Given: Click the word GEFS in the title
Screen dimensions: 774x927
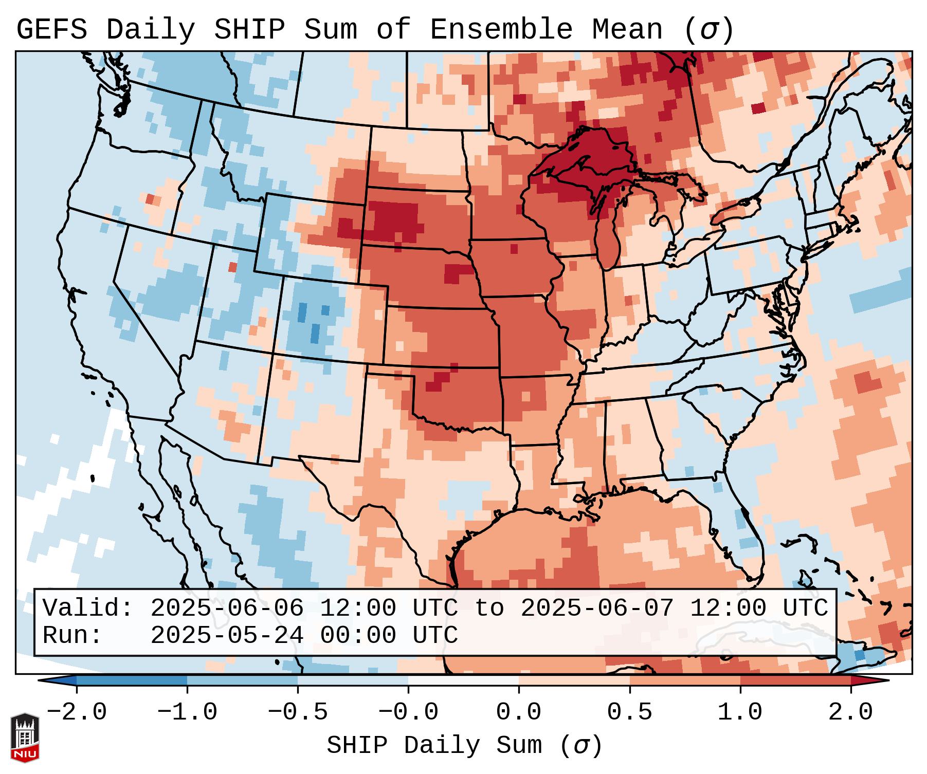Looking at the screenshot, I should [51, 30].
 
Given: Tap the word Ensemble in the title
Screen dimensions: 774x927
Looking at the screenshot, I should [501, 30].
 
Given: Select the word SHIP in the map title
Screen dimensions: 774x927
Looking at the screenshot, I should [249, 30].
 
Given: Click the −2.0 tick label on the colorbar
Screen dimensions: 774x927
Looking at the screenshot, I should [77, 713].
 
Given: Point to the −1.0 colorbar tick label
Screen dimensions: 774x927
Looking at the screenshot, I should [187, 713].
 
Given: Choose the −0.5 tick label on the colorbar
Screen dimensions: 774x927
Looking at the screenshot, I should [298, 713].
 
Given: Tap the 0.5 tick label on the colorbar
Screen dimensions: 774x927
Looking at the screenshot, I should [630, 713].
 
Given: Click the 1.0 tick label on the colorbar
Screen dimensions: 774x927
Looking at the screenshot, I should [740, 713].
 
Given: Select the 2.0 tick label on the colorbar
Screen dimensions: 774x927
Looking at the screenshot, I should [851, 713].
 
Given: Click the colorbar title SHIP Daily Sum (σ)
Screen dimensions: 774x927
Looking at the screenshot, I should [464, 746].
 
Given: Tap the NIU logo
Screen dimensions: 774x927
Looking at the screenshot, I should [25, 738].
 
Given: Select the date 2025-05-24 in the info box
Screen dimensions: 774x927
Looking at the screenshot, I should [227, 636].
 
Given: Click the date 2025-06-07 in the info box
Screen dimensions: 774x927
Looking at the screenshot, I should [597, 609].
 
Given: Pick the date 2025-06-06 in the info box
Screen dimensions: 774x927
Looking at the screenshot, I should [227, 609].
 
